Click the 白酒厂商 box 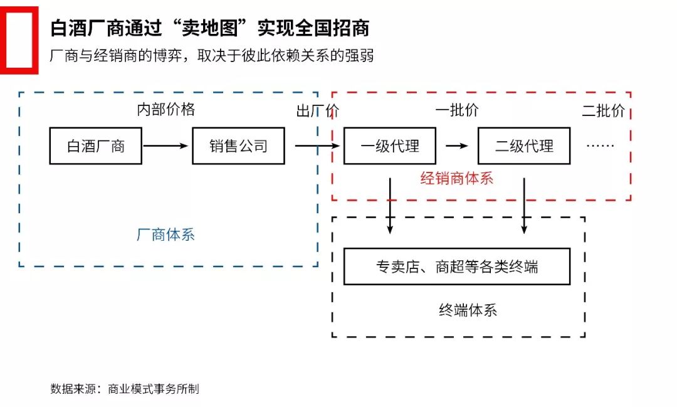point(95,146)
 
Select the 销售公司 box point(238,146)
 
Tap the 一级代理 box point(390,146)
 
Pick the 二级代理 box point(524,146)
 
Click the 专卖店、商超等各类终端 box point(457,267)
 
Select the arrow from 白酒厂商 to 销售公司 point(165,146)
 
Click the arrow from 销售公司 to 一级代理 point(317,146)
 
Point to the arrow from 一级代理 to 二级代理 point(457,146)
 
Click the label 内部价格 point(166,110)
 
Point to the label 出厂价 point(317,111)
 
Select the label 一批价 point(457,110)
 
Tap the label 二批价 point(603,111)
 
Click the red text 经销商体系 point(457,179)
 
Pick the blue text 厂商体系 point(165,235)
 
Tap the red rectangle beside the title point(19,40)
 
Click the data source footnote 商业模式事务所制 point(125,389)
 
